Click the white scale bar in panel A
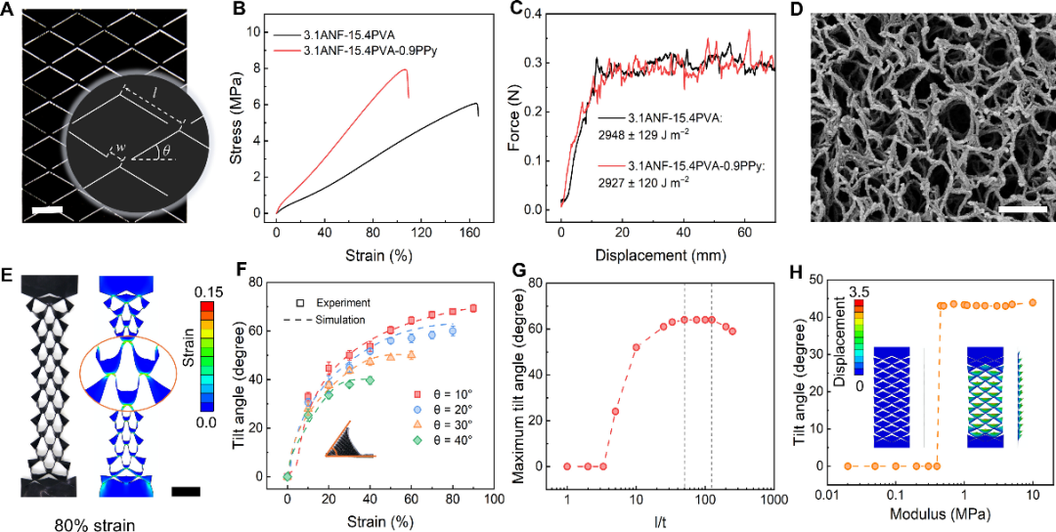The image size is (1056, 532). pyautogui.click(x=49, y=209)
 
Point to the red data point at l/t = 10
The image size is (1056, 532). pyautogui.click(x=636, y=347)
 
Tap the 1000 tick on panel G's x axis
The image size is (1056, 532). pyautogui.click(x=772, y=499)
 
